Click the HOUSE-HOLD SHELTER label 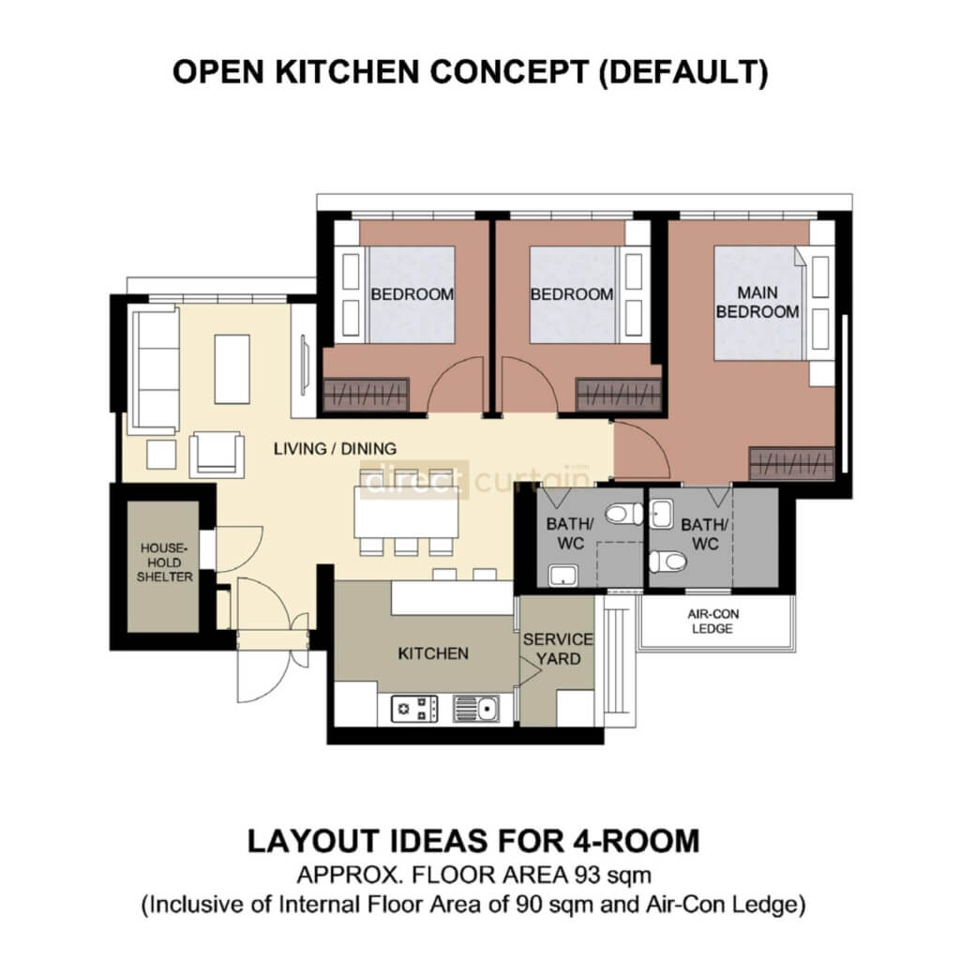[x=166, y=562]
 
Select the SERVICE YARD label [x=558, y=648]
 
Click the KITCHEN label [x=433, y=652]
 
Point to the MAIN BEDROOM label [x=758, y=303]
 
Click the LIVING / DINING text [x=335, y=448]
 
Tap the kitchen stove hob [x=414, y=708]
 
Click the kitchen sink [x=476, y=708]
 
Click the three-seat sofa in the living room [x=156, y=369]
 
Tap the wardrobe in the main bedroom [x=792, y=463]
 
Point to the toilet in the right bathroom [x=667, y=561]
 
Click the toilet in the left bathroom [x=623, y=514]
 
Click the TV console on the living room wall [x=304, y=360]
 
